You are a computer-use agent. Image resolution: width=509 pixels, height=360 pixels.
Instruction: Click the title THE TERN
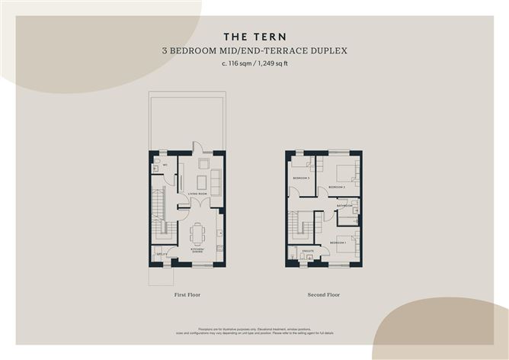point(254,36)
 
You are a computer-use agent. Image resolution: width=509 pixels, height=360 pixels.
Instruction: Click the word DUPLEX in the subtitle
point(330,50)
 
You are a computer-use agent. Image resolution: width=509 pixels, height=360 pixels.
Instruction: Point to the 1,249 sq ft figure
point(272,64)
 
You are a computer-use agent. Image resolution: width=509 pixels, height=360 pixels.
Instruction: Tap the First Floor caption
point(187,294)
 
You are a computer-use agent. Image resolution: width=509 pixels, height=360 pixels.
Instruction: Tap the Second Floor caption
point(325,294)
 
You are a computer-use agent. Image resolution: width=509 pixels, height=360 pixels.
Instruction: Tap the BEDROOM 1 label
point(339,242)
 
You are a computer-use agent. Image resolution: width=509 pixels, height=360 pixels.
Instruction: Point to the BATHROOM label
point(344,206)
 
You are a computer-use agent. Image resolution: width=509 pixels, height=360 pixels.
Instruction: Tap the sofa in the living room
point(216,182)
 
